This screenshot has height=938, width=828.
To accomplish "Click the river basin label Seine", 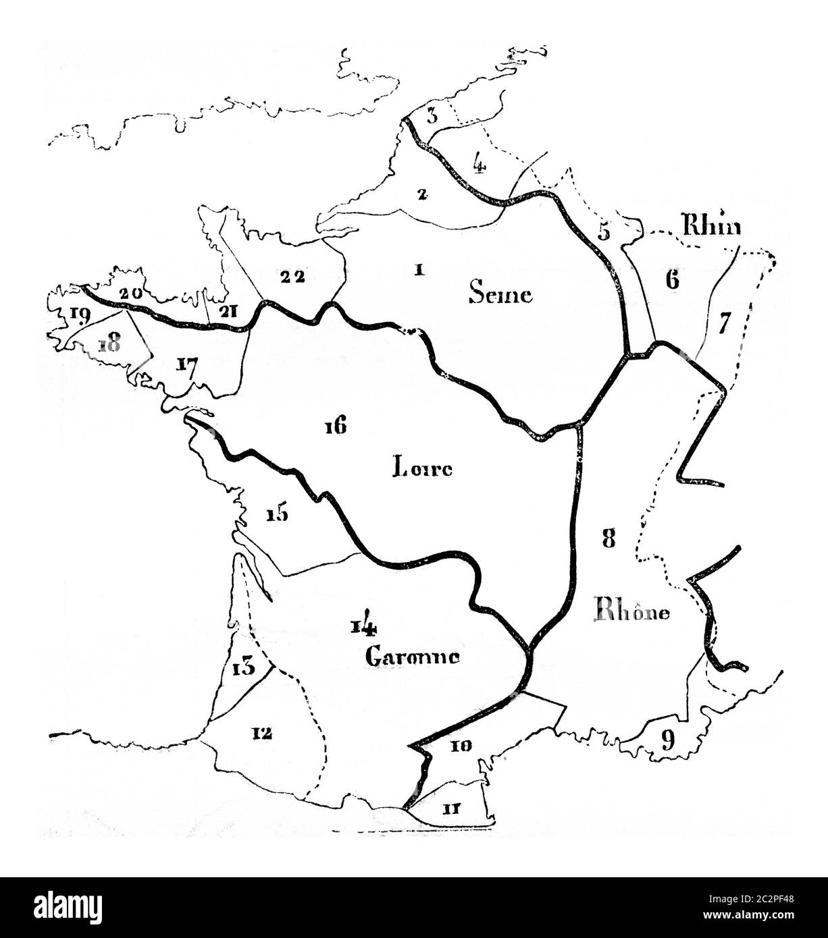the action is (500, 294).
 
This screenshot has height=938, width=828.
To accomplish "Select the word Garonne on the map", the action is (413, 656).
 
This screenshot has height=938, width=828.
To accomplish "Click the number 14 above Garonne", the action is (363, 628).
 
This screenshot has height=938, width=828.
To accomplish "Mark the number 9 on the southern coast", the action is (667, 741).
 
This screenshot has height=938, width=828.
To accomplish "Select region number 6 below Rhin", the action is (671, 280).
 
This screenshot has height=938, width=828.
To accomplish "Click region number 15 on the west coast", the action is (277, 514).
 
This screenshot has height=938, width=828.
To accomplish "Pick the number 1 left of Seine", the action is (419, 270).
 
